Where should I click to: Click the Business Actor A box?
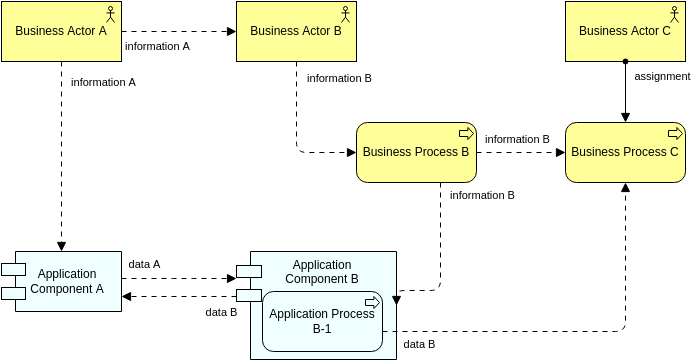pyautogui.click(x=61, y=31)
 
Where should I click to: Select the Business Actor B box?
pyautogui.click(x=296, y=31)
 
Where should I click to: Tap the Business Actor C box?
pyautogui.click(x=625, y=31)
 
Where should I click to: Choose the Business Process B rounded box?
pyautogui.click(x=415, y=152)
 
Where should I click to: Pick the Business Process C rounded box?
pyautogui.click(x=625, y=152)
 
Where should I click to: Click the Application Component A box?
pyautogui.click(x=67, y=281)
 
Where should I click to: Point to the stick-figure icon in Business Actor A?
pyautogui.click(x=111, y=13)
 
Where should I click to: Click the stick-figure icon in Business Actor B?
pyautogui.click(x=346, y=13)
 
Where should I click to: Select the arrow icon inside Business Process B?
pyautogui.click(x=465, y=133)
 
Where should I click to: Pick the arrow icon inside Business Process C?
pyautogui.click(x=675, y=133)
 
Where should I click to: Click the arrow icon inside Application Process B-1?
pyautogui.click(x=373, y=302)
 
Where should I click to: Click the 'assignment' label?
pyautogui.click(x=661, y=76)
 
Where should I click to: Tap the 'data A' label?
pyautogui.click(x=144, y=264)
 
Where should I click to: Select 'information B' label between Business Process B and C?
pyautogui.click(x=517, y=139)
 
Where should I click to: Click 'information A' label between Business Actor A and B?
pyautogui.click(x=157, y=46)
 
